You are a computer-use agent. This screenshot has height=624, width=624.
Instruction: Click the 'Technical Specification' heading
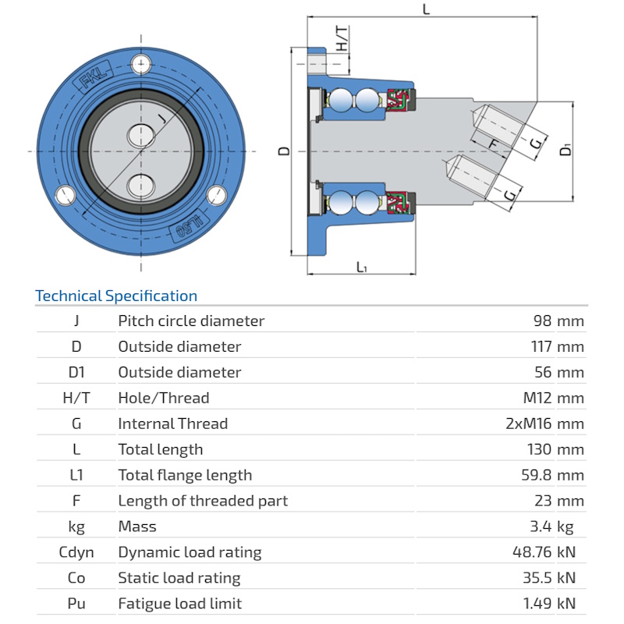click(x=116, y=296)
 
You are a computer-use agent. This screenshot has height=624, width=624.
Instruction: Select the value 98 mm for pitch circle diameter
click(x=558, y=321)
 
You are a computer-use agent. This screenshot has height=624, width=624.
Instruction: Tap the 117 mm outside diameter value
click(x=554, y=346)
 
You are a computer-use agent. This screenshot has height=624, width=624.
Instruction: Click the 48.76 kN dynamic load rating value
click(x=544, y=552)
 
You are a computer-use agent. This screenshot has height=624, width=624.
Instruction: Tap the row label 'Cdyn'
click(x=76, y=552)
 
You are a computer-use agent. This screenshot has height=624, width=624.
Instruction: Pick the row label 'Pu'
click(x=76, y=604)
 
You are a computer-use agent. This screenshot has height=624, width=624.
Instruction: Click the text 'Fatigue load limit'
click(x=180, y=604)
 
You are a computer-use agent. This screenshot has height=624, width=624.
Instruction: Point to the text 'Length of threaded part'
click(x=203, y=501)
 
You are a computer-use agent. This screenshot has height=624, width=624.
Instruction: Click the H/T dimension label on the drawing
click(x=342, y=39)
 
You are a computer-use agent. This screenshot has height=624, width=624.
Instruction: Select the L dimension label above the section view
click(x=425, y=10)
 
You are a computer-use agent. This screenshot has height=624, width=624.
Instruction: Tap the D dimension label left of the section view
click(x=285, y=151)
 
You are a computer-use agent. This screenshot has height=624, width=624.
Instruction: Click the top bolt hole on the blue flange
click(x=141, y=64)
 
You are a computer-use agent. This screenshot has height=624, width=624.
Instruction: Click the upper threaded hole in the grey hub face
click(x=141, y=134)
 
